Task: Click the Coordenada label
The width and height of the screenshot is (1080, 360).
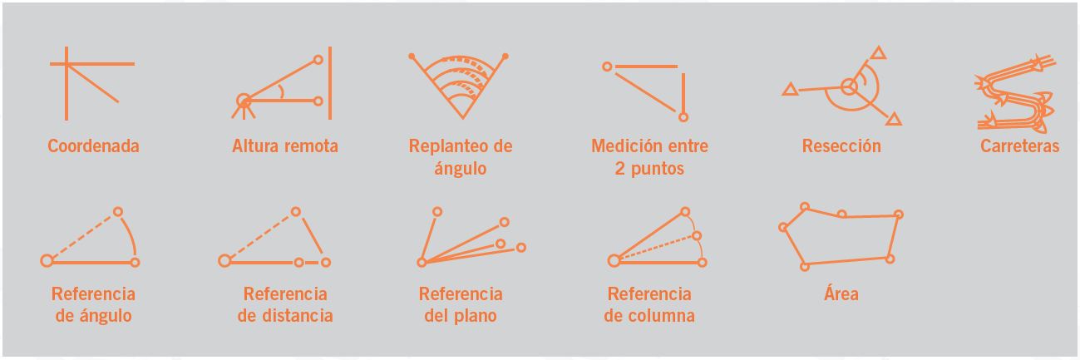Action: (x=93, y=146)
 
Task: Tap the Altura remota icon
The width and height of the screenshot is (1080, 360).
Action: (x=282, y=83)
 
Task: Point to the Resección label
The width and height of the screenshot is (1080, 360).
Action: (x=841, y=146)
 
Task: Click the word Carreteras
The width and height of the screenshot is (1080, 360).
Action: (x=1020, y=146)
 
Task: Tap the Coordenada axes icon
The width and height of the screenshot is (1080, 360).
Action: (x=92, y=83)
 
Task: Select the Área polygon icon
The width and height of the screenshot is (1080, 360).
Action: (x=841, y=237)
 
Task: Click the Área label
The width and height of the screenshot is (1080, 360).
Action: (x=841, y=293)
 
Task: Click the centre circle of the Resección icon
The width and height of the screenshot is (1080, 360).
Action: (x=849, y=87)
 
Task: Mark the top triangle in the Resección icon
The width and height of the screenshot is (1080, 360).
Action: (x=879, y=52)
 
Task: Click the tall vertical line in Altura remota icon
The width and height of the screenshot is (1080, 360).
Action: (x=330, y=83)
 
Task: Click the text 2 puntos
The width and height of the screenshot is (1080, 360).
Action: (x=649, y=169)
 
